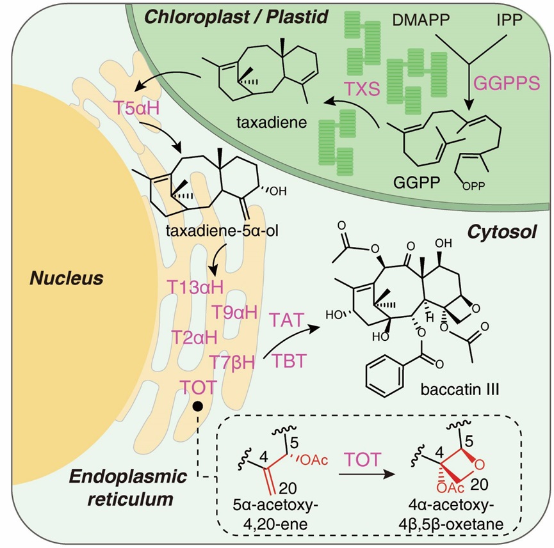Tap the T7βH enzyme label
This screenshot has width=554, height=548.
pyautogui.click(x=233, y=363)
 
